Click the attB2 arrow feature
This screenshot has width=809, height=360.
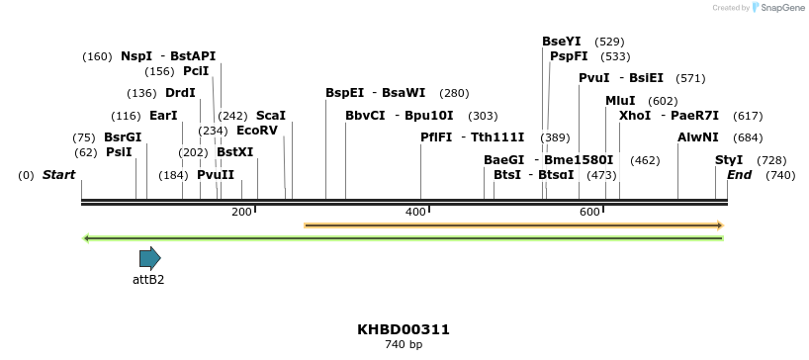point(149,259)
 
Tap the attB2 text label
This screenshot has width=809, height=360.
point(148,280)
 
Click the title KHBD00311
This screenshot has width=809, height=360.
point(404,329)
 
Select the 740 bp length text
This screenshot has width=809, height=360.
point(404,345)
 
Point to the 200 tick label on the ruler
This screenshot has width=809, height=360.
point(241,212)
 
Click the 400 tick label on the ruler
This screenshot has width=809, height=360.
point(415,212)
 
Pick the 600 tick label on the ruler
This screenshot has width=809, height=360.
point(590,212)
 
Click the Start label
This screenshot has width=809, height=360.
point(58,175)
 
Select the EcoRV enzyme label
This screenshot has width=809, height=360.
point(257,130)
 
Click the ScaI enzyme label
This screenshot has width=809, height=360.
point(271,115)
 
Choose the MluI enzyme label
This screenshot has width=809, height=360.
point(620,100)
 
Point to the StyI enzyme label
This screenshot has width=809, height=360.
point(729,159)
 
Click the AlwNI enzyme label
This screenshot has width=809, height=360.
point(698,136)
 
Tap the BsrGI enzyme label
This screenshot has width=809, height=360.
point(123,136)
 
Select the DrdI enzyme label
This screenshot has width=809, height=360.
point(180,93)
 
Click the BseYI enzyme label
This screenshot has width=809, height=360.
point(561,42)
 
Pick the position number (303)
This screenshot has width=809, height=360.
point(483,115)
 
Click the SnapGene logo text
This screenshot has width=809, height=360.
point(781,8)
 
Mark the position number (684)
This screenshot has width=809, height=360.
point(747,136)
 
